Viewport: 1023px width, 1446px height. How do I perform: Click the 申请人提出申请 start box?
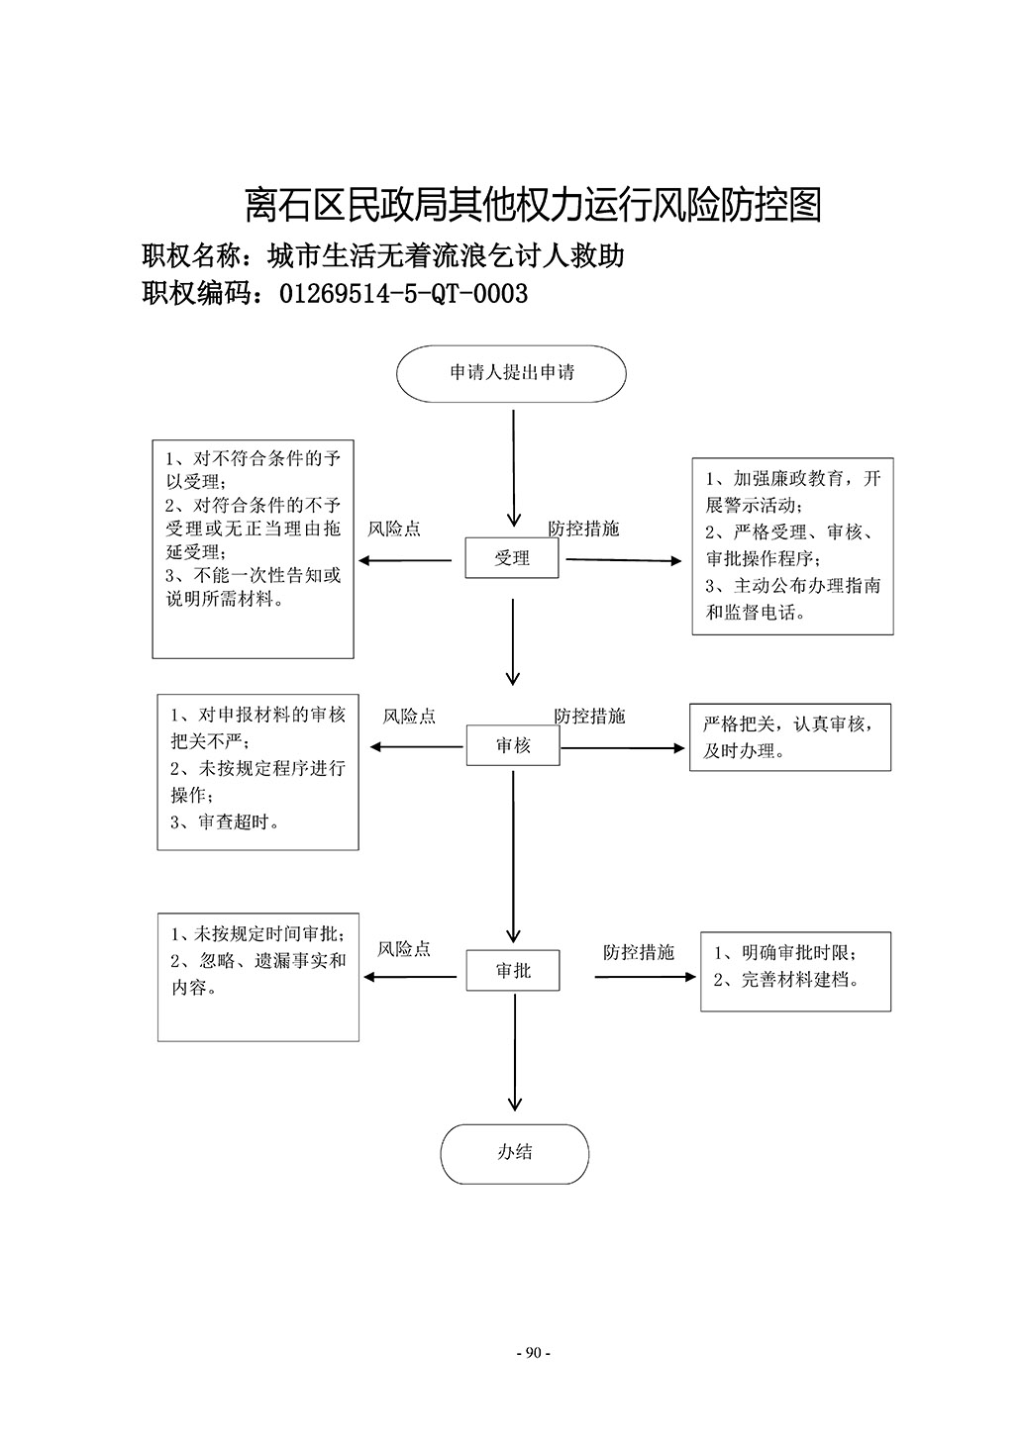511,374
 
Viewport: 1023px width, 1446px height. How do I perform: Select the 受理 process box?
511,558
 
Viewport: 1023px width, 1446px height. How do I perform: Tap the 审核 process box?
513,745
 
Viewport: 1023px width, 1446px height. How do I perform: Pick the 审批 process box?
513,970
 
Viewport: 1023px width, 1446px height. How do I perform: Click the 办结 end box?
515,1154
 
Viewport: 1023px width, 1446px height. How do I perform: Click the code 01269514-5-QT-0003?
404,294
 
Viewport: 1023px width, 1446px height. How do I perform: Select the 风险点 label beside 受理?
394,530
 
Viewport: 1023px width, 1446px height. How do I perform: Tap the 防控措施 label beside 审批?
638,953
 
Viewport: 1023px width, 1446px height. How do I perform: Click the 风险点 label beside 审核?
409,717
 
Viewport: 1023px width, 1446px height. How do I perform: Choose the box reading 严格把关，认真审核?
790,737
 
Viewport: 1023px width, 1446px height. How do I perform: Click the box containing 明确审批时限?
795,972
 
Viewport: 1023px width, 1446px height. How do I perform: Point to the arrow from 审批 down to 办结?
515,1053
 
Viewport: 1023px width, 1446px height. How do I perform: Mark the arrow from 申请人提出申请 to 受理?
513,469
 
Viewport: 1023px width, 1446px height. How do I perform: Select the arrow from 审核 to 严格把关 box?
623,748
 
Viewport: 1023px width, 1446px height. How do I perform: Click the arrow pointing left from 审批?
410,977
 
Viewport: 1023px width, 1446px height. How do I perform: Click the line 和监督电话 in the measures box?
755,612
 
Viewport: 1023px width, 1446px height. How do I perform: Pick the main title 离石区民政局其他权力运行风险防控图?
533,206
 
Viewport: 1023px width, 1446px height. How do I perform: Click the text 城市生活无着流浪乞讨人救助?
446,256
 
